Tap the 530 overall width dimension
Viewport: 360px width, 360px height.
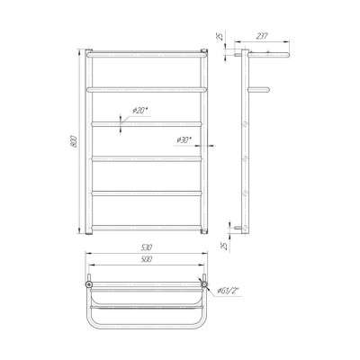click(x=147, y=247)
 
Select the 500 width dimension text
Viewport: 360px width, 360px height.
click(x=147, y=259)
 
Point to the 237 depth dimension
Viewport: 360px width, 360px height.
click(x=262, y=36)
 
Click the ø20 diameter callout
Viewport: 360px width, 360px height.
click(x=140, y=111)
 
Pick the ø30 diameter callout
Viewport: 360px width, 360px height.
click(x=184, y=139)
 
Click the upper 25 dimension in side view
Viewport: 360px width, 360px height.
click(x=220, y=37)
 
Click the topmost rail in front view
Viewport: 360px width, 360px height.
click(x=147, y=55)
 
